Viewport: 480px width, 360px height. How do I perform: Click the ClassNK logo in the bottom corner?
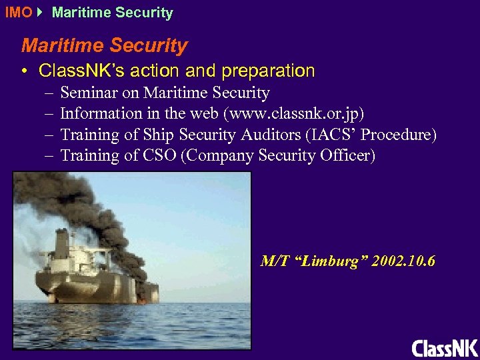(x=445, y=348)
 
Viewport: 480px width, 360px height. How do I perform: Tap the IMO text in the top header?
(x=17, y=13)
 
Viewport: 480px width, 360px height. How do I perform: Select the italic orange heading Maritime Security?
(x=105, y=46)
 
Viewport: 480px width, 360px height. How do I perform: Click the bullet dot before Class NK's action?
(x=25, y=71)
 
